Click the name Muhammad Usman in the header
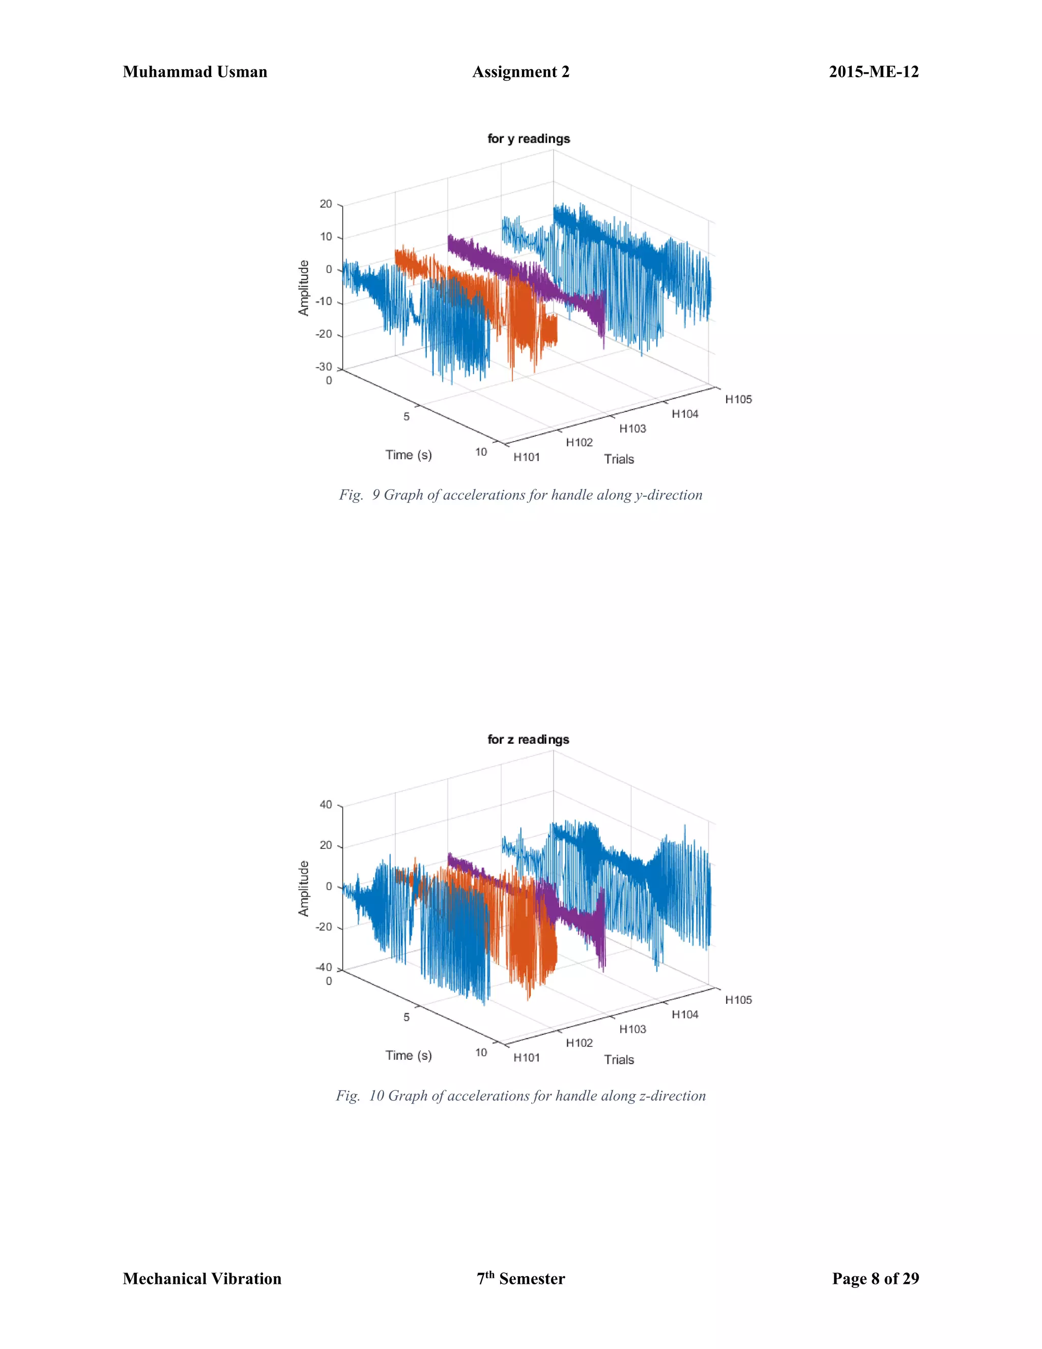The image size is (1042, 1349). tap(195, 72)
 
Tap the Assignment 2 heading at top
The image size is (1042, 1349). tap(520, 72)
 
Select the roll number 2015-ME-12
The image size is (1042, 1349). tap(874, 72)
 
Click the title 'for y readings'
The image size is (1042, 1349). tap(529, 138)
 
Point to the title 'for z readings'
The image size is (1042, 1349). tap(529, 739)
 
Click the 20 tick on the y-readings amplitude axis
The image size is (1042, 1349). tap(326, 204)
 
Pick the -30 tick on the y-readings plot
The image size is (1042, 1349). tap(324, 367)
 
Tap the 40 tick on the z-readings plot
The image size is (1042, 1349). tap(326, 805)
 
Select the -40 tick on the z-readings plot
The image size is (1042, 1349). tap(324, 967)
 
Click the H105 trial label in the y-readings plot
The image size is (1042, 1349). tap(738, 399)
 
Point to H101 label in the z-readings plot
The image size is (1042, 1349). tap(527, 1057)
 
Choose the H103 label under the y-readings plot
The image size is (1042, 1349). tap(633, 428)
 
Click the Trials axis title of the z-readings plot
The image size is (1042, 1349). tap(619, 1059)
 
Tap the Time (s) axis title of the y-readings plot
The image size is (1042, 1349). tap(409, 455)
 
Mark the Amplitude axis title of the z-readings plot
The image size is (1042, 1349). tap(304, 888)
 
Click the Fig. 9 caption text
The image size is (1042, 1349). tap(520, 495)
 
